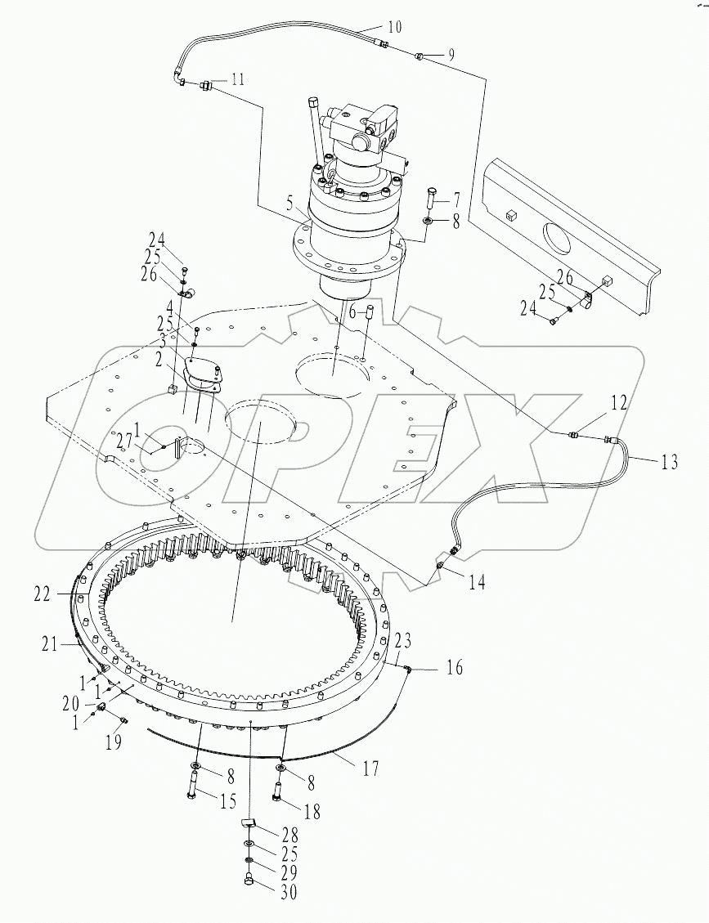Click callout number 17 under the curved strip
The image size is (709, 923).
370,768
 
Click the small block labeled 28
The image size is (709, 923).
247,822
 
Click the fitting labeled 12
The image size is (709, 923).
573,436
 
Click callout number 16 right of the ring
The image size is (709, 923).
454,669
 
